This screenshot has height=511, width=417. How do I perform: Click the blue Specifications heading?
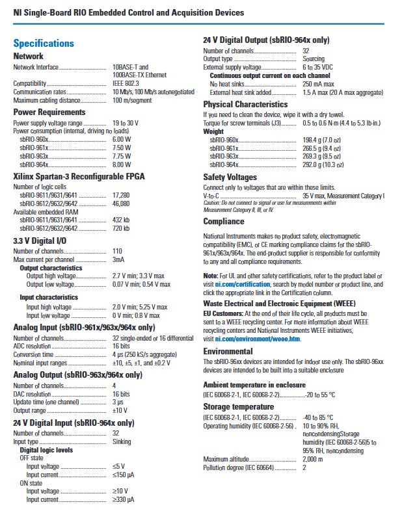coord(44,44)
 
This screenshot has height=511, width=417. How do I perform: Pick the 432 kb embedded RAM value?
coord(122,220)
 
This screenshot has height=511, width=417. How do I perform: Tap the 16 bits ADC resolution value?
coord(122,346)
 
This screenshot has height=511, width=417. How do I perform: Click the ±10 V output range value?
coord(120,410)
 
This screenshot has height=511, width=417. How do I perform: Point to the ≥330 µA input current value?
coord(123,499)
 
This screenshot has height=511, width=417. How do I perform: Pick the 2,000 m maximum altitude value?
coord(313,459)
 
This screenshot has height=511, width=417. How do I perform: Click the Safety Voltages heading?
coord(230,177)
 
